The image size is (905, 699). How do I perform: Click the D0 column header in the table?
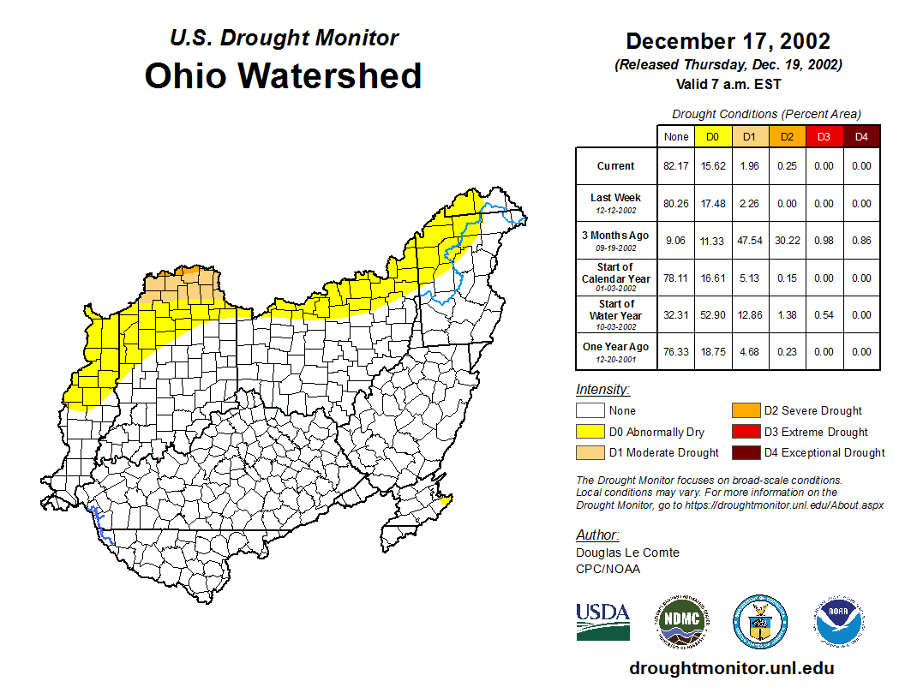tap(712, 137)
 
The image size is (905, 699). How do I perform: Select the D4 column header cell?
tap(861, 137)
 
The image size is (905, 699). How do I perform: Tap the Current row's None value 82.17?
tap(675, 166)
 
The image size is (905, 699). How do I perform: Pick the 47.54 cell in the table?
tap(749, 241)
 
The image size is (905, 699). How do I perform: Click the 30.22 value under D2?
tap(787, 241)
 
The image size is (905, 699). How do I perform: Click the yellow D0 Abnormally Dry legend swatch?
tap(590, 432)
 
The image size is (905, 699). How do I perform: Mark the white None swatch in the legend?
tap(590, 411)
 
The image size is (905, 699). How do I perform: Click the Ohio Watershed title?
tap(283, 75)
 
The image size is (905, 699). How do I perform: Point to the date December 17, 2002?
tap(728, 41)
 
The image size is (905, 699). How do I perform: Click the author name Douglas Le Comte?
tap(627, 553)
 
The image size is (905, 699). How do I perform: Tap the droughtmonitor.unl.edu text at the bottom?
tap(731, 668)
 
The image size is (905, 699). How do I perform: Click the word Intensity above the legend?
tap(602, 390)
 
